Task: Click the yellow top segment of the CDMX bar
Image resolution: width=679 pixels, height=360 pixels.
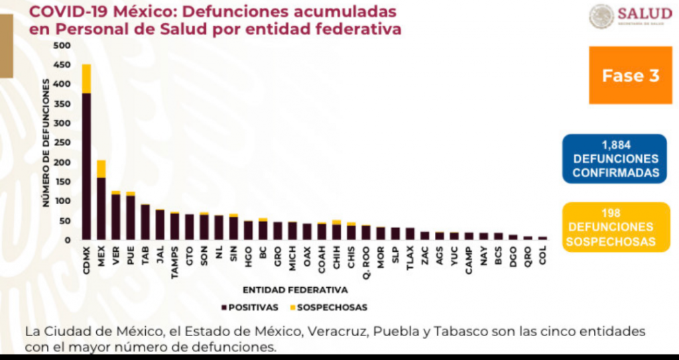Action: tap(86, 78)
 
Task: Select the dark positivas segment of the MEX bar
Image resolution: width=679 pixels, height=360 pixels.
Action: tap(101, 208)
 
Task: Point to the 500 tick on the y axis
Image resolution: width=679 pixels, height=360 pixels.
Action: tap(62, 46)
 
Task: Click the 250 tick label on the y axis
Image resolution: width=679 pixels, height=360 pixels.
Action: tap(62, 143)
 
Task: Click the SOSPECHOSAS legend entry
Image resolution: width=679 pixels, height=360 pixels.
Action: tap(328, 308)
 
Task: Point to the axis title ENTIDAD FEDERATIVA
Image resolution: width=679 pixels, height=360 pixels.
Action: tap(295, 290)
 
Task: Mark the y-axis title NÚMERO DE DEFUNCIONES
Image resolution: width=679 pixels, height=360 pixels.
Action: tap(48, 142)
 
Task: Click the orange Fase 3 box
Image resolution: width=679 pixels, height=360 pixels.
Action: tap(630, 75)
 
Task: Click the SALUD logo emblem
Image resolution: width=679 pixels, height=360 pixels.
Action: tap(601, 17)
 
